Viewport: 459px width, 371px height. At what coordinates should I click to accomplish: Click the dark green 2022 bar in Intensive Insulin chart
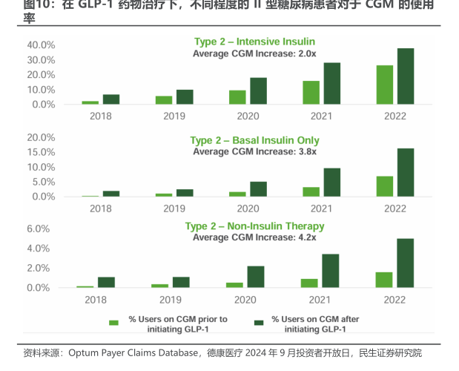pos(406,76)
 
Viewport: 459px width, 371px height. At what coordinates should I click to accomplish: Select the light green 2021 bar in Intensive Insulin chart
pos(311,93)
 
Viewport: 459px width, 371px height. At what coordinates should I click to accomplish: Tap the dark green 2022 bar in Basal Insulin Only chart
pos(406,173)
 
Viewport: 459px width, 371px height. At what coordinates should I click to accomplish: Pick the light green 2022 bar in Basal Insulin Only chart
pos(385,186)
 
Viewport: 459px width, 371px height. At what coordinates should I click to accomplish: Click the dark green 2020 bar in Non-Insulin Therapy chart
pos(256,277)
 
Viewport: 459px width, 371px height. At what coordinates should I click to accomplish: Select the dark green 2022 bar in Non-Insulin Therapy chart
pos(406,263)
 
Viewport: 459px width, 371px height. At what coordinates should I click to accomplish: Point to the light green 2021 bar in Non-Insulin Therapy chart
pos(309,283)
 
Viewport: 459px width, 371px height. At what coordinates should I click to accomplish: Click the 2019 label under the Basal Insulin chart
pos(174,209)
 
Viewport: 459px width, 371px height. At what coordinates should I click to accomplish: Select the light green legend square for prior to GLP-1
pos(113,323)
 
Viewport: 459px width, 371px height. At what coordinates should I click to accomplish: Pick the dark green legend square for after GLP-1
pos(260,323)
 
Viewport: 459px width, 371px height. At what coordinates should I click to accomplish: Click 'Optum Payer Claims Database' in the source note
pos(133,352)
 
